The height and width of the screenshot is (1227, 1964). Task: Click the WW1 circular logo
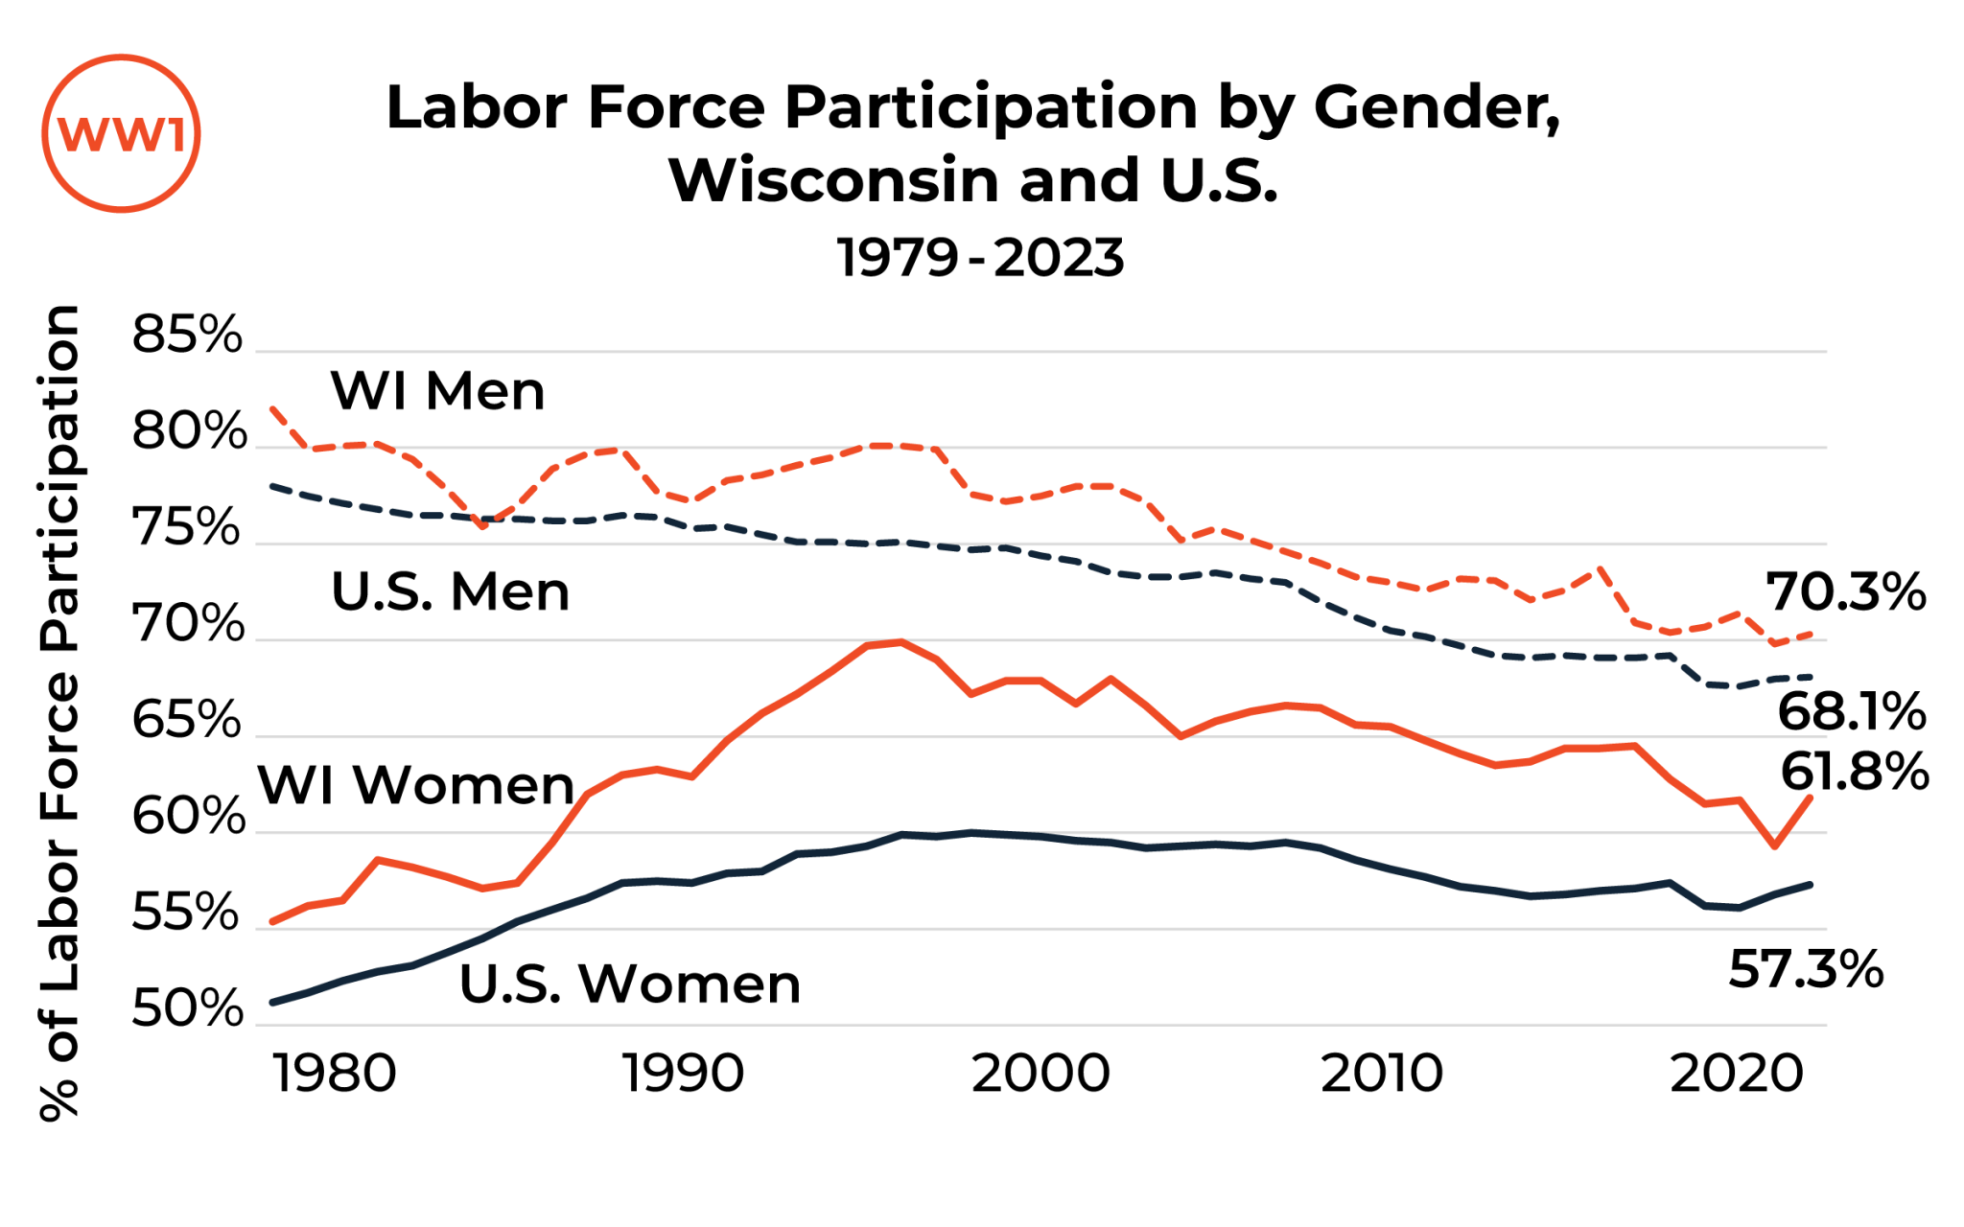[121, 133]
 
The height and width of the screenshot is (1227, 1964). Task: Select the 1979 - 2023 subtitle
[980, 258]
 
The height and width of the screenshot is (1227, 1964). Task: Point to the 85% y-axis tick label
[188, 336]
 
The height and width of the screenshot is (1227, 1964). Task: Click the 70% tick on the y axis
[188, 624]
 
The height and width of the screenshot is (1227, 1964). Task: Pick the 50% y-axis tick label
[188, 1008]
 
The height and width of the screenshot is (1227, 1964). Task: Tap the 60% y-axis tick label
[188, 817]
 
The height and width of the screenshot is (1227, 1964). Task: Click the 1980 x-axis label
[335, 1074]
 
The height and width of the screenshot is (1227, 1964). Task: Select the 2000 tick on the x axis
[1040, 1074]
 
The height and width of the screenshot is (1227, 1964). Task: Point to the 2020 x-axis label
[1738, 1074]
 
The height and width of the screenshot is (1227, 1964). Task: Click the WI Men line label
[437, 391]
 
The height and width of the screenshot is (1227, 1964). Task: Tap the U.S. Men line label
[450, 591]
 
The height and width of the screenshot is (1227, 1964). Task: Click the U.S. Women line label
[630, 984]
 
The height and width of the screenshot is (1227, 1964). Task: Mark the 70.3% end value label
[1845, 592]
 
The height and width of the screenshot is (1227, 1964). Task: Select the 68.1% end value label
[1851, 712]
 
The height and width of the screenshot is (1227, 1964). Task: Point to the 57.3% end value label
[1806, 969]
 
